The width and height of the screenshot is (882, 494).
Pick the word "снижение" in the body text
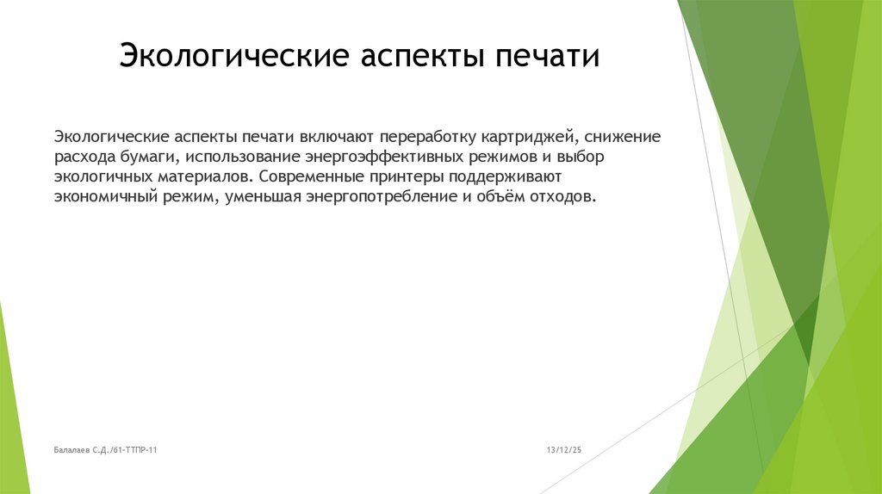[623, 138]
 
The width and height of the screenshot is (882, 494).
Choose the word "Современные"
[316, 177]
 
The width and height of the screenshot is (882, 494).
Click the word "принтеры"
[412, 177]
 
